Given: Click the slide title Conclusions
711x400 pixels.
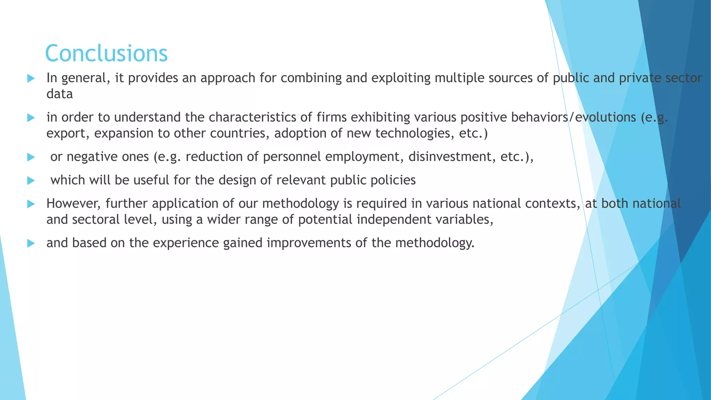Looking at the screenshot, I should (106, 53).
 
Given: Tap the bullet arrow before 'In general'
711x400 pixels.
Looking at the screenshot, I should (31, 78).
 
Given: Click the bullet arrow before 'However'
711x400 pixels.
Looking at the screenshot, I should (31, 204).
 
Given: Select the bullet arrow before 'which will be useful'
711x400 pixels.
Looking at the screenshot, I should (31, 181).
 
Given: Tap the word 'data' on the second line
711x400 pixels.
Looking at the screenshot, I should (60, 94).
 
